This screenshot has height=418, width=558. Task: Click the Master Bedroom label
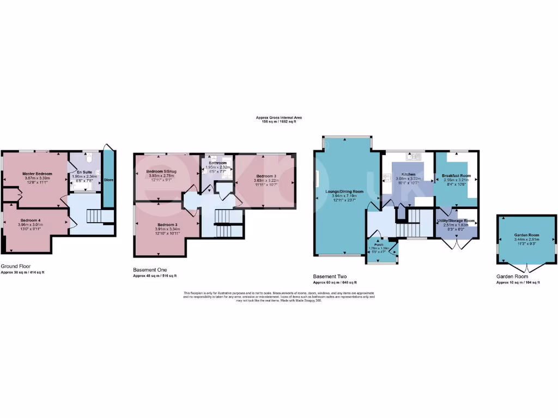click(37, 173)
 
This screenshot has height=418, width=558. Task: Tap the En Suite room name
click(84, 171)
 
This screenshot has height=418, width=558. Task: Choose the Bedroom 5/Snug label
click(161, 171)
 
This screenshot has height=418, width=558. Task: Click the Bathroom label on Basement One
click(216, 162)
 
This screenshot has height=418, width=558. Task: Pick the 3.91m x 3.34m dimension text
click(161, 229)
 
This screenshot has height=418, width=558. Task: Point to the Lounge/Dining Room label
click(344, 192)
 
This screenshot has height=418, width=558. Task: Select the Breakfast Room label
click(456, 175)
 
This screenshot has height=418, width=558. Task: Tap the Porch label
click(379, 244)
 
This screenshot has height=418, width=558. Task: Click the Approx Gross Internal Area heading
click(278, 117)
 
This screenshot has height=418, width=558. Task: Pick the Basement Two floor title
click(330, 276)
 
